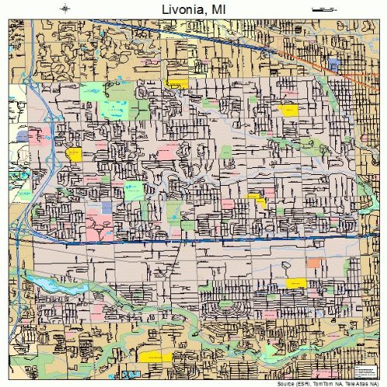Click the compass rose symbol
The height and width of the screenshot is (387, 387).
pyautogui.click(x=64, y=9)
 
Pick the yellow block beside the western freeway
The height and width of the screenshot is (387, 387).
pyautogui.click(x=74, y=154)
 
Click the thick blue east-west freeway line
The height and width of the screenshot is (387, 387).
pyautogui.click(x=193, y=242)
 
